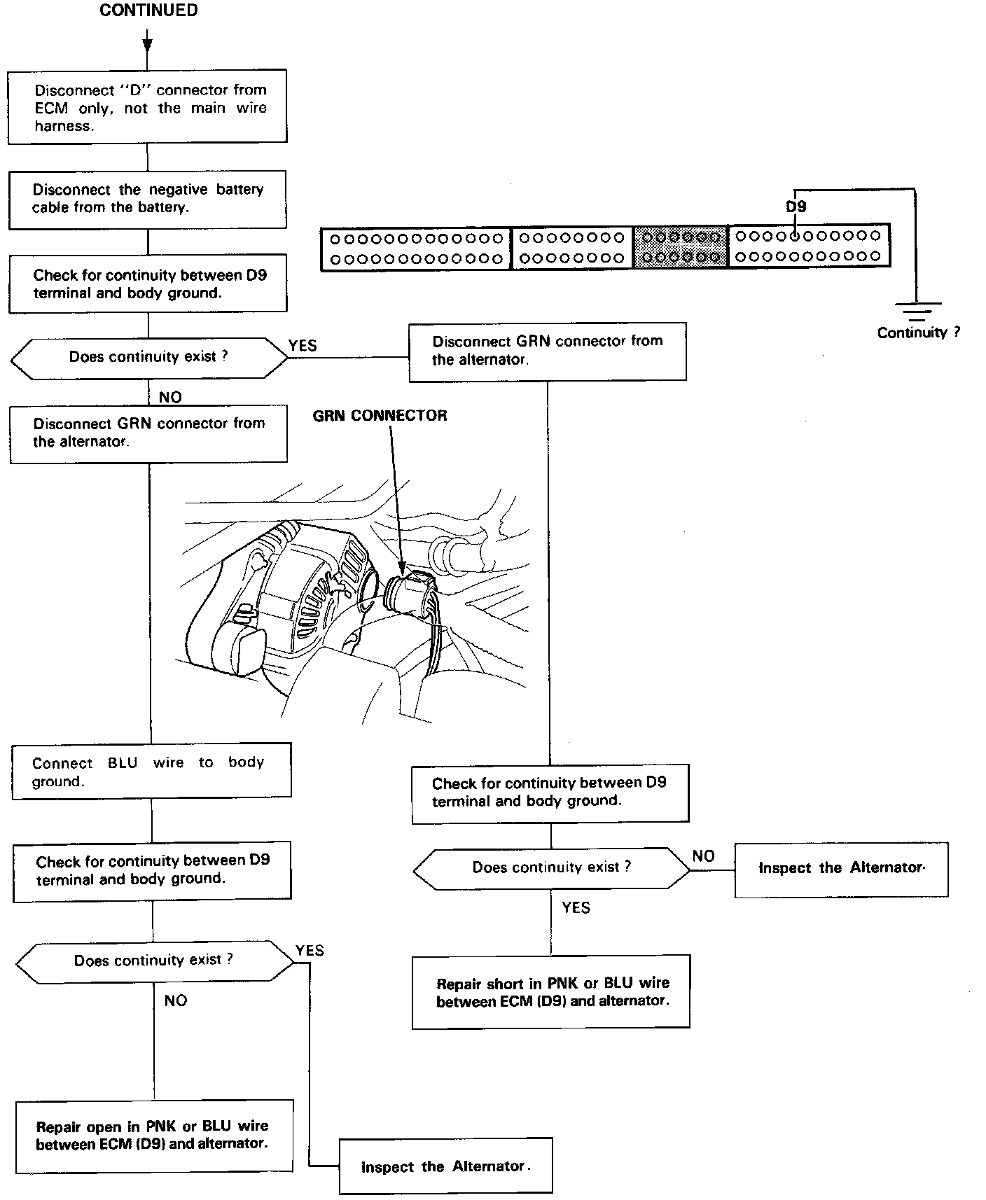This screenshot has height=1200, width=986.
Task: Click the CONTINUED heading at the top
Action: click(x=148, y=11)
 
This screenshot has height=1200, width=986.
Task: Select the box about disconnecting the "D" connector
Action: click(x=147, y=106)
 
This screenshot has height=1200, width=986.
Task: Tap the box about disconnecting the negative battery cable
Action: click(x=147, y=199)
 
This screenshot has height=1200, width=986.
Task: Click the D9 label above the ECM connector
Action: click(x=796, y=207)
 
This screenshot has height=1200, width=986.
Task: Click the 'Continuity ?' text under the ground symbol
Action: click(x=918, y=333)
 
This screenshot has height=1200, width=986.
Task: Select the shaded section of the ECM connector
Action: click(x=681, y=246)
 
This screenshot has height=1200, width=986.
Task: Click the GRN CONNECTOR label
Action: click(x=380, y=416)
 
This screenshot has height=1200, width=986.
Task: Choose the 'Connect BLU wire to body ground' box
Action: click(x=151, y=772)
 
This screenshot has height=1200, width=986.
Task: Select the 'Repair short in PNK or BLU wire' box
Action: click(x=551, y=992)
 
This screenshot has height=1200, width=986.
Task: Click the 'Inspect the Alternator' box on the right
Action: click(x=841, y=869)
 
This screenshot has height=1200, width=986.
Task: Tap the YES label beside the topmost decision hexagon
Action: click(x=303, y=346)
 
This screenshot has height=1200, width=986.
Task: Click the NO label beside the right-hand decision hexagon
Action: click(x=703, y=856)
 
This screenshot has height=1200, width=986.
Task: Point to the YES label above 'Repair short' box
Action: click(x=576, y=908)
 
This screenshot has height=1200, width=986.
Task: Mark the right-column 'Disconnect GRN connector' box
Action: click(x=548, y=351)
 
